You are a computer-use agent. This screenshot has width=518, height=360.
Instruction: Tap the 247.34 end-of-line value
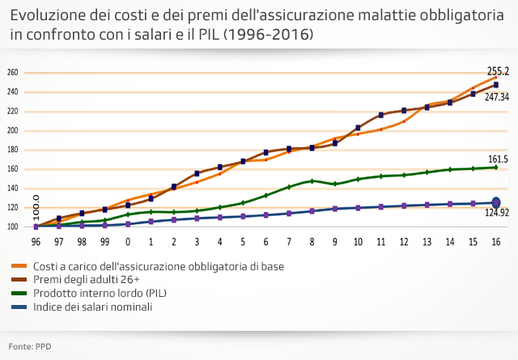(497, 96)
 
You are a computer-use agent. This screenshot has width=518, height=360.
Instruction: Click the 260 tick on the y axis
(12, 73)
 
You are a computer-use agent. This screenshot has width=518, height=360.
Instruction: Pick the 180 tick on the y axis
(12, 150)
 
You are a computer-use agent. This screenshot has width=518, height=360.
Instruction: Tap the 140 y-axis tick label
(12, 188)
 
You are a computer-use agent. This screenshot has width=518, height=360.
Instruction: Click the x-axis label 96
(36, 242)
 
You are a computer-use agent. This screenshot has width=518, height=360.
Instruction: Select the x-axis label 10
(358, 242)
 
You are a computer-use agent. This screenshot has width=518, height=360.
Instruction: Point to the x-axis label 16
(496, 242)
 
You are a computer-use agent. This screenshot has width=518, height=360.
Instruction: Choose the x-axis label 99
(104, 242)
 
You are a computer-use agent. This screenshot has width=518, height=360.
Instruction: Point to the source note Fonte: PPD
(30, 346)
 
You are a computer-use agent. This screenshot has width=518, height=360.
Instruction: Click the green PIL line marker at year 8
(312, 181)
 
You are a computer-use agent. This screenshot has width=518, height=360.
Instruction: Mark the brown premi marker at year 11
(380, 115)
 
